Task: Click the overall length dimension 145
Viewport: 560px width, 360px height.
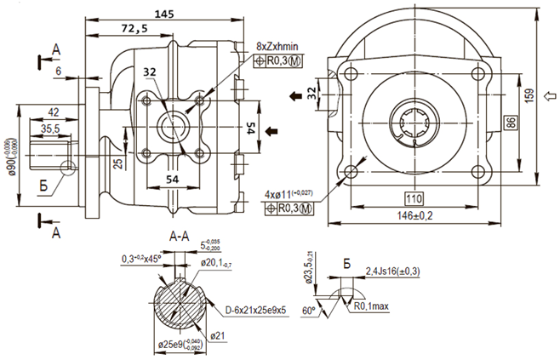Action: click(160, 12)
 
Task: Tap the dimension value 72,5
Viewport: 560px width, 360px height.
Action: click(134, 29)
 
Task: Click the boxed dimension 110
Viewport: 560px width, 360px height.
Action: click(414, 199)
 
